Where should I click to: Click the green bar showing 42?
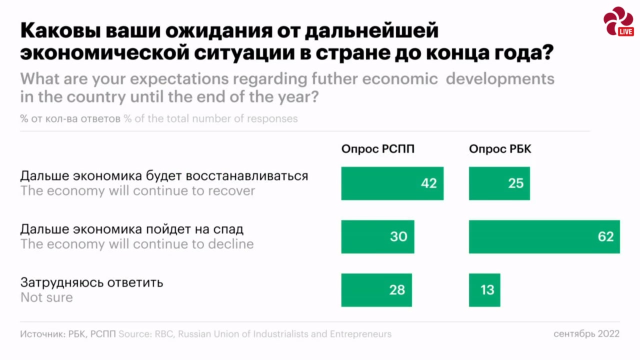392,183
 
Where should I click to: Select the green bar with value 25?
499,183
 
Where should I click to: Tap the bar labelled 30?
377,236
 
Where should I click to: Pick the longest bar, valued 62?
544,236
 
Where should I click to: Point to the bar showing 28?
376,290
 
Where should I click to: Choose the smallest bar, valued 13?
484,290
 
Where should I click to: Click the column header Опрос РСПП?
377,149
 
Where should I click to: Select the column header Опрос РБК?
499,149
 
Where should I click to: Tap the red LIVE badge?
625,31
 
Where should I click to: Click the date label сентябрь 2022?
586,333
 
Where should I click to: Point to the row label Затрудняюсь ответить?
91,282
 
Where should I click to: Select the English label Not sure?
46,297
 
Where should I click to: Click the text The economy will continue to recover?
137,191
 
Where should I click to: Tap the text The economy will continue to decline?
137,244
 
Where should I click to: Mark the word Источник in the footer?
41,334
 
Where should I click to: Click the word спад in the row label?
227,229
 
